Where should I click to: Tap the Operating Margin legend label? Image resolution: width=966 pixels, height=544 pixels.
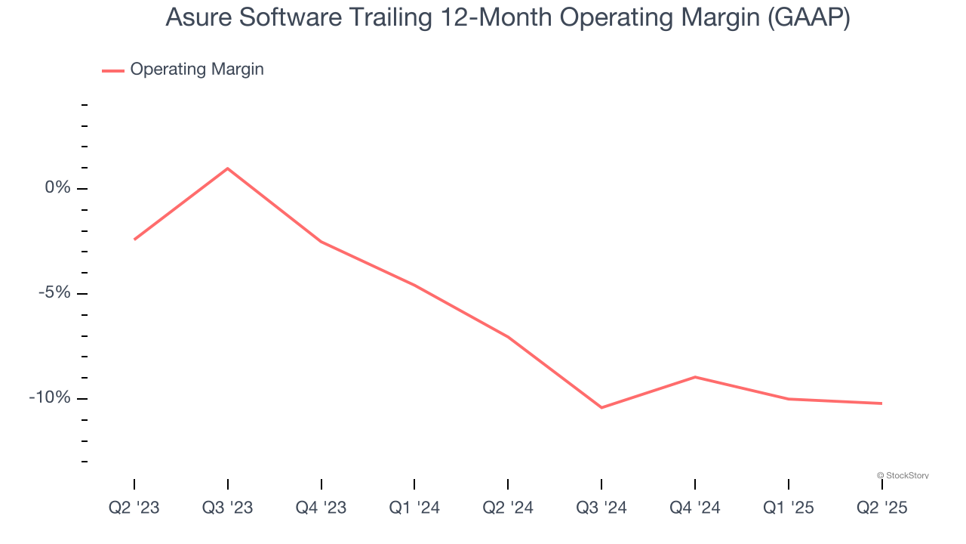click(x=197, y=70)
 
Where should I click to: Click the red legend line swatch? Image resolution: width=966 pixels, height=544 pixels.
click(x=113, y=70)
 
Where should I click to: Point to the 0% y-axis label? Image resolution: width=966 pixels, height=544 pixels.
click(x=58, y=187)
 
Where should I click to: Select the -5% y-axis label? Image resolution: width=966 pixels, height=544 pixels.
click(x=54, y=292)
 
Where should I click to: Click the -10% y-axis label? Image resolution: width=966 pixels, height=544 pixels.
click(x=51, y=397)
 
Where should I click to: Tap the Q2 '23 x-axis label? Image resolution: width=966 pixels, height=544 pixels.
click(x=134, y=508)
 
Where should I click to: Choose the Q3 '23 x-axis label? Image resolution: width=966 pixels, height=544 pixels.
click(x=228, y=508)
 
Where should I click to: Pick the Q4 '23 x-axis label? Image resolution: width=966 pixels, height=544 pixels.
click(x=321, y=508)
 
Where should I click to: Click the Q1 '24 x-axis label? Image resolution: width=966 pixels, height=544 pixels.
click(x=414, y=508)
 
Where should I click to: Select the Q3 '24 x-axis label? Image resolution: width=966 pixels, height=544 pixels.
click(x=601, y=508)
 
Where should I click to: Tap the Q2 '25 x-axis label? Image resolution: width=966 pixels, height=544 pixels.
click(x=881, y=508)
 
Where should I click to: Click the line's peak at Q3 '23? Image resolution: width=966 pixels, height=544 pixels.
click(x=228, y=168)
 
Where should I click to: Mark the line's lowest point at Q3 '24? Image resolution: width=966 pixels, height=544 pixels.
click(x=601, y=408)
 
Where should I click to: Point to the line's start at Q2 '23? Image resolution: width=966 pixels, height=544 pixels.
click(x=134, y=240)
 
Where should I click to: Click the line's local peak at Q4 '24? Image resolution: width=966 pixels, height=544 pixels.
click(x=694, y=376)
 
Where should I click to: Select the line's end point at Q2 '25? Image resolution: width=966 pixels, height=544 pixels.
click(x=881, y=403)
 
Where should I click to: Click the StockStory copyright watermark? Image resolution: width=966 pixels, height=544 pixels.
click(x=903, y=475)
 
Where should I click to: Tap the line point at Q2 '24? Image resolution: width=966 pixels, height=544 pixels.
click(x=508, y=337)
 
